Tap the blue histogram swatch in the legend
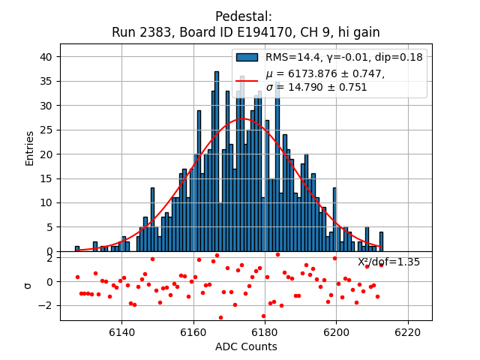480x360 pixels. click(247, 57)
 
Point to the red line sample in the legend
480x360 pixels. click(247, 80)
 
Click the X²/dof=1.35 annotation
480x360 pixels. click(388, 262)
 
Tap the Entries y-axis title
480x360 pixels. click(30, 148)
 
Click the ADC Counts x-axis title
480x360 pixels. click(246, 346)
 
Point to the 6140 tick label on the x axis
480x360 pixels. click(121, 331)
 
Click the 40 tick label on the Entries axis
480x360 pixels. click(46, 57)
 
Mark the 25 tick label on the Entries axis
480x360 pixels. click(46, 130)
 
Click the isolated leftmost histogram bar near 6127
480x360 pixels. click(76, 248)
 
